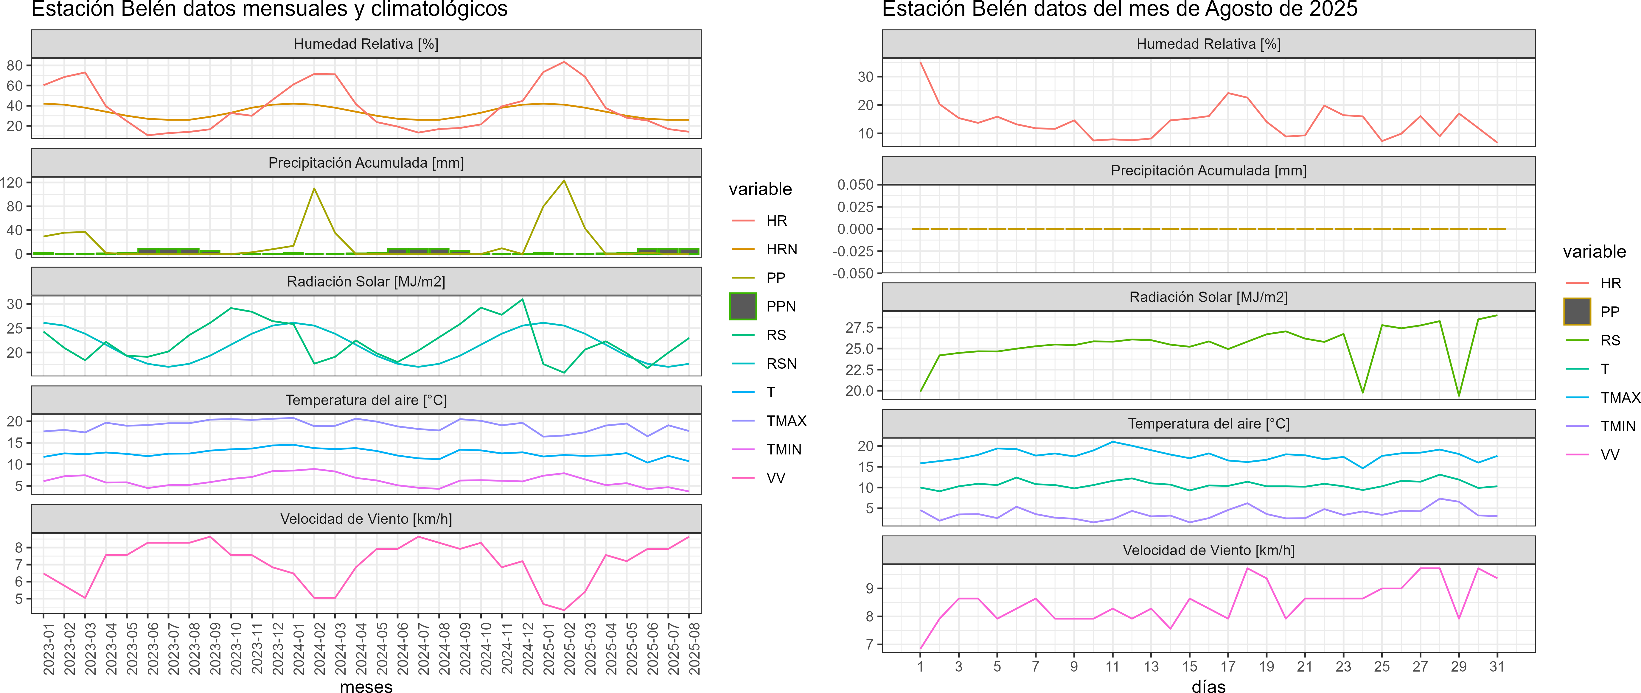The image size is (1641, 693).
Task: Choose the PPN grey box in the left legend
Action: point(743,306)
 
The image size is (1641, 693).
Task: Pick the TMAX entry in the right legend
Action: point(1620,398)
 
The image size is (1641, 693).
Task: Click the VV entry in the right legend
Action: point(1610,455)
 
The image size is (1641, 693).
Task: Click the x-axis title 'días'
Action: point(1208,686)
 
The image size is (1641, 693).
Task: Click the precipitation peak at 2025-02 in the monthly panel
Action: point(564,181)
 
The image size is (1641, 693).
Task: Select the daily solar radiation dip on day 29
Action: point(1459,395)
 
